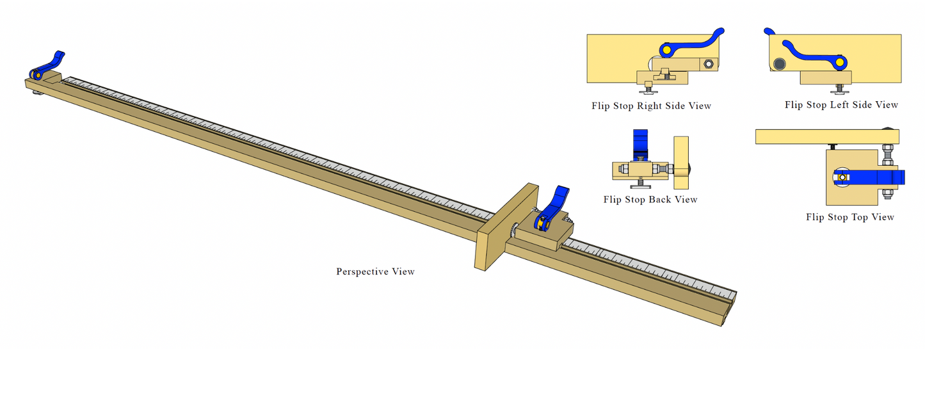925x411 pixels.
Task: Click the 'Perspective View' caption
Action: coord(375,271)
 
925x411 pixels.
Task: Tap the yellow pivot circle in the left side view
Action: coord(839,62)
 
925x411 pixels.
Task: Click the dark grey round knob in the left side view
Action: coord(779,65)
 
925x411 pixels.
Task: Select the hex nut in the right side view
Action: coord(708,64)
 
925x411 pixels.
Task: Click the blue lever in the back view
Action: coord(641,145)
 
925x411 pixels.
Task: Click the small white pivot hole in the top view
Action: coord(842,177)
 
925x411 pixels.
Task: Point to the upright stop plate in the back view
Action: coord(681,163)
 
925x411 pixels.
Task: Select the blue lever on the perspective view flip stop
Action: coord(551,207)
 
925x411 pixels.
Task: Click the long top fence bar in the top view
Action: coord(827,137)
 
